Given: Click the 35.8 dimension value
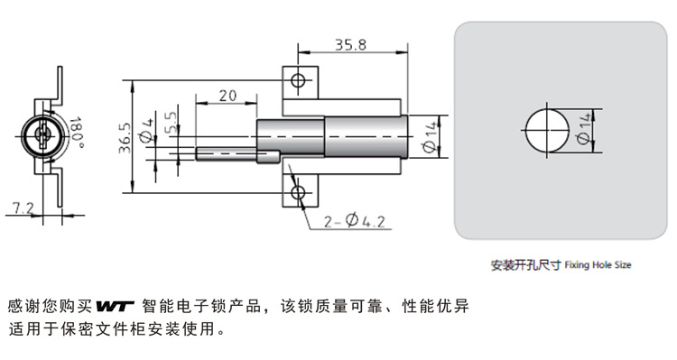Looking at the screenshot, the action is coord(350,44).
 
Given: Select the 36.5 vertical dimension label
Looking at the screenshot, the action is coord(125,138).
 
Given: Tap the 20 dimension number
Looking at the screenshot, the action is coord(227,96).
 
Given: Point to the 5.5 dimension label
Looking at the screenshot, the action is coord(171,122).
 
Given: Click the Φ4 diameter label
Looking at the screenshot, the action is coord(146,130).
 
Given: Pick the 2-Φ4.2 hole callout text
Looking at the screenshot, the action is coord(354,221).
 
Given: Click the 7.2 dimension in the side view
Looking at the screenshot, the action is coord(23,208).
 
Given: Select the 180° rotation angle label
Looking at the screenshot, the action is coord(77,133).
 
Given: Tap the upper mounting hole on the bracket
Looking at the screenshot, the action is coord(298,80).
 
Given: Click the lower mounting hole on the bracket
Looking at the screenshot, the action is coord(298,192).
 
